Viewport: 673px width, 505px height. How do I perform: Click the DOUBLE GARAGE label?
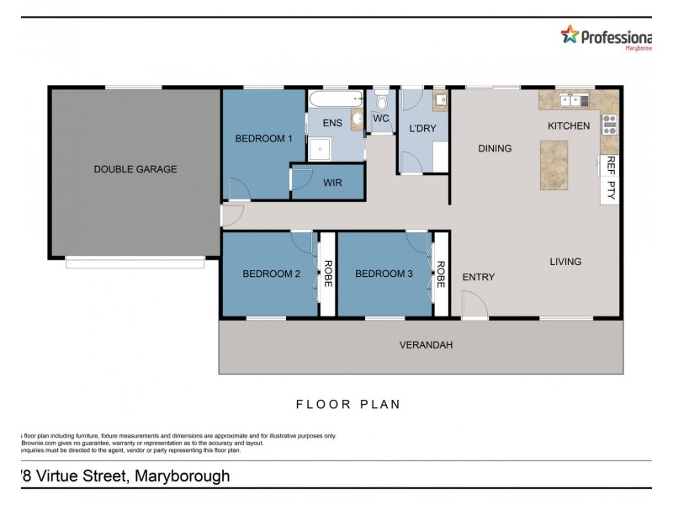coord(135,169)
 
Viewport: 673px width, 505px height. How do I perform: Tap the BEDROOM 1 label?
coord(263,139)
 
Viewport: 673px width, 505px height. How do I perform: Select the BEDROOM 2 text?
coord(272,274)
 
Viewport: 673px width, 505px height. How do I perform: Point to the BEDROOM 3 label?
coord(384,274)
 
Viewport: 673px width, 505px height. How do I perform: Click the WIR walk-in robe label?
coord(331,182)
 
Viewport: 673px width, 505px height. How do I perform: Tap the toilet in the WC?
coord(381,101)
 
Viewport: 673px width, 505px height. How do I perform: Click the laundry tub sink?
coord(440,103)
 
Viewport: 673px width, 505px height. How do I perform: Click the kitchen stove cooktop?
coord(609,125)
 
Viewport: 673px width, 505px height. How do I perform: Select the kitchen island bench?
coord(554,164)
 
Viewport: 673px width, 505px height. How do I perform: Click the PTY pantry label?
coord(612,189)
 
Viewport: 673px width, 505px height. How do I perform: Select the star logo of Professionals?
coord(570,35)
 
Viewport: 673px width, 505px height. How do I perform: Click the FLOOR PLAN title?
coord(347,404)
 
